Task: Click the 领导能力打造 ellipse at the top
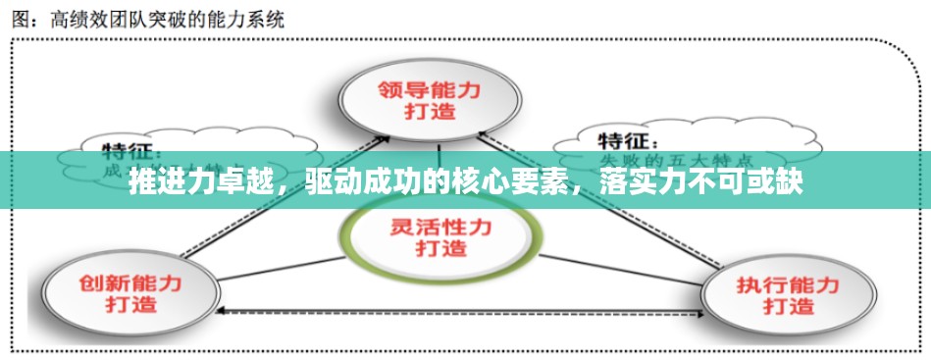click(x=430, y=98)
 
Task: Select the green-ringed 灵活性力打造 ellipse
click(x=441, y=235)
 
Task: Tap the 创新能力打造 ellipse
click(x=129, y=291)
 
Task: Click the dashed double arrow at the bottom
click(x=461, y=311)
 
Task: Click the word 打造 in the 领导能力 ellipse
click(x=430, y=110)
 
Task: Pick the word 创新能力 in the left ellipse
click(x=129, y=282)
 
